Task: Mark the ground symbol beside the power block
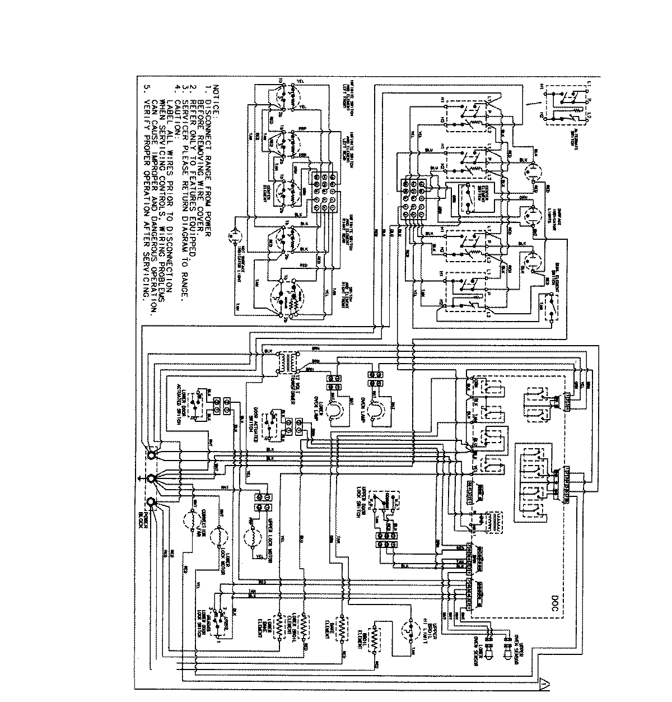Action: [139, 478]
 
